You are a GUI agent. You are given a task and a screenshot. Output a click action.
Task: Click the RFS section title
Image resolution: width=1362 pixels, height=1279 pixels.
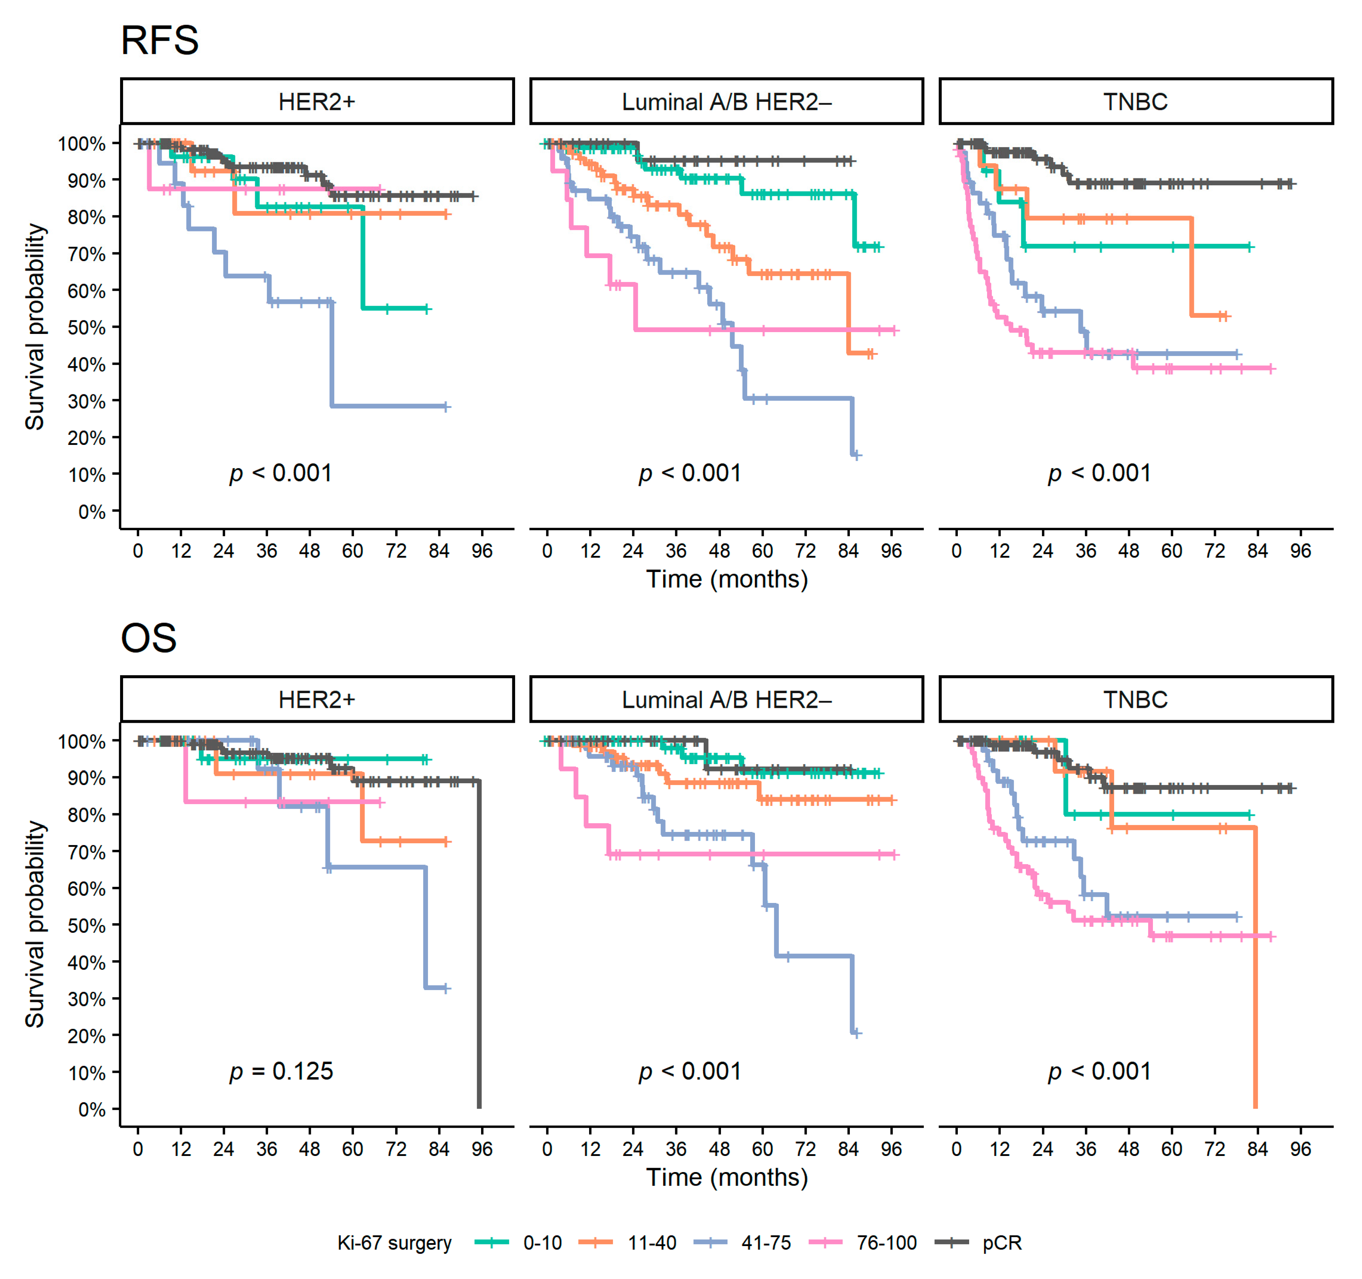point(160,40)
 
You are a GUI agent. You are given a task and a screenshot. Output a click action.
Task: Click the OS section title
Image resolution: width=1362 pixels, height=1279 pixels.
point(149,639)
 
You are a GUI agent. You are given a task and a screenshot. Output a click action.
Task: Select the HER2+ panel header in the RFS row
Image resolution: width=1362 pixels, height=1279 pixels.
point(317,101)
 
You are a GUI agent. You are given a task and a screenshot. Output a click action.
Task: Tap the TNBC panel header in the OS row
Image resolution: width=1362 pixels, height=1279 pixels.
point(1135,699)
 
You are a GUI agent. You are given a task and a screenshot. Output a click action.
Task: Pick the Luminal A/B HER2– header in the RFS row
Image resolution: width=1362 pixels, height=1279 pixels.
point(726,101)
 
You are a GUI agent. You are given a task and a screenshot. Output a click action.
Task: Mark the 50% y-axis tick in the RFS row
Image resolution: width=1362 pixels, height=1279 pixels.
point(86,327)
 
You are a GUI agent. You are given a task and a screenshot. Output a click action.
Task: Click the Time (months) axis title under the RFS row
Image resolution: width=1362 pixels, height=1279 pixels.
point(727,580)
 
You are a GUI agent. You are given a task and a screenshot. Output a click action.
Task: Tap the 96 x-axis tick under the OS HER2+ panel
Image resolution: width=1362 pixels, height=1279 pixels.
point(481,1149)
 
